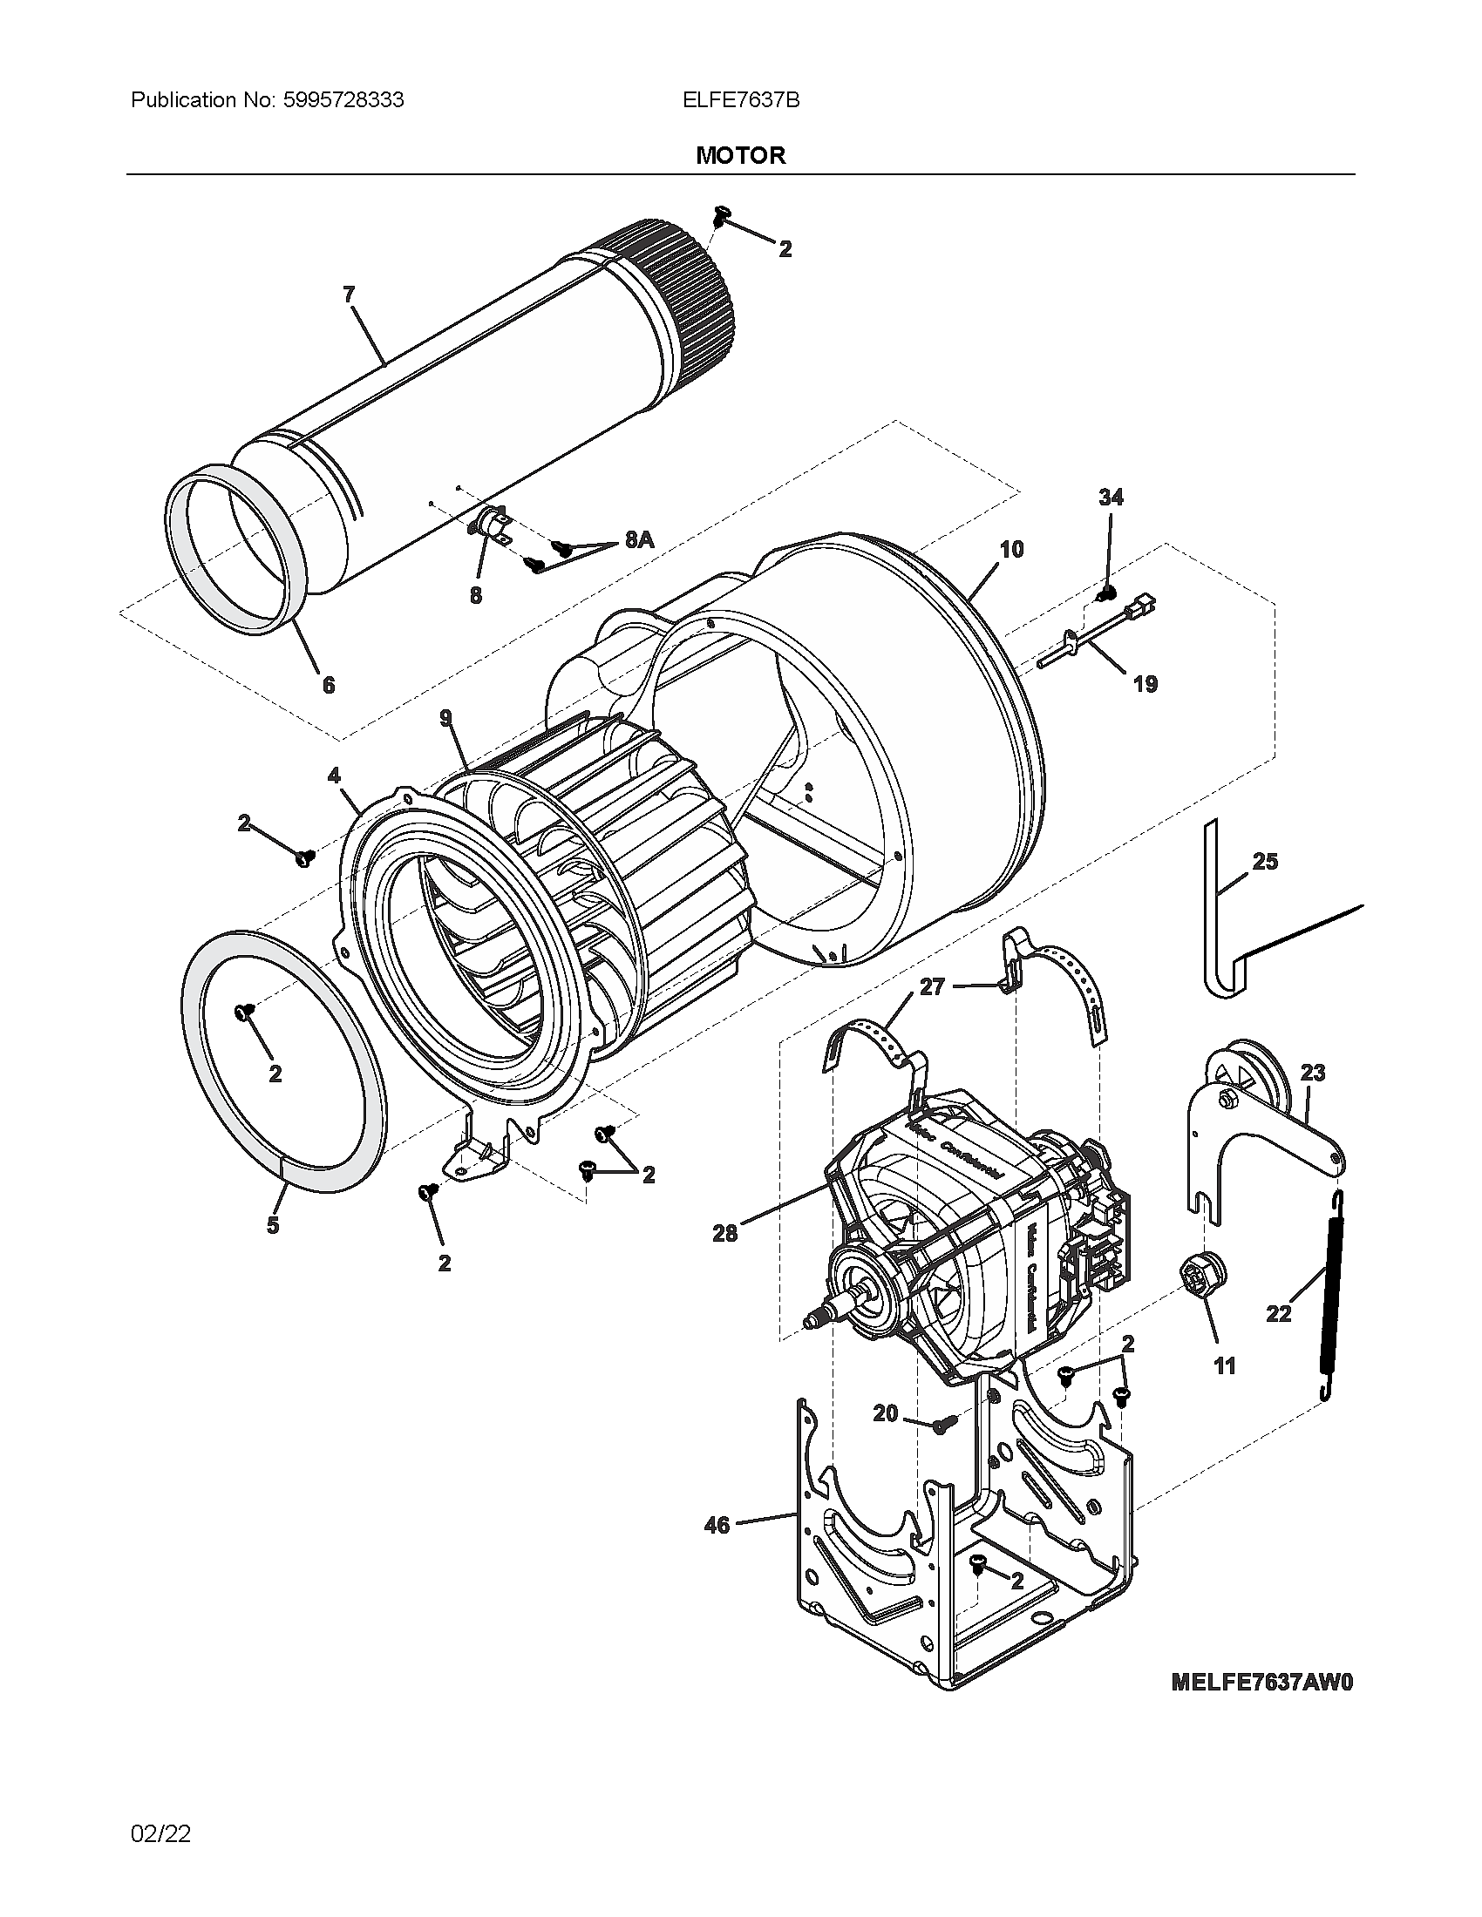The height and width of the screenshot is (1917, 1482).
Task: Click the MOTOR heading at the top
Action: click(740, 156)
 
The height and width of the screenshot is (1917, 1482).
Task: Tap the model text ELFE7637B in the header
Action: click(740, 100)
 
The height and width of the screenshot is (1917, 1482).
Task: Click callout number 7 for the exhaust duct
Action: click(349, 295)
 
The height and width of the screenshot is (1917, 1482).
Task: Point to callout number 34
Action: click(1111, 498)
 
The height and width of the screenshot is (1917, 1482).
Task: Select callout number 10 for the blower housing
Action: click(1011, 550)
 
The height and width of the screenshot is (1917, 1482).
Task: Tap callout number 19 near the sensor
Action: click(1145, 684)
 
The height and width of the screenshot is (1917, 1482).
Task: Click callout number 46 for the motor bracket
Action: click(717, 1525)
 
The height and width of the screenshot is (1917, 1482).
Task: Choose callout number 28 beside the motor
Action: click(725, 1233)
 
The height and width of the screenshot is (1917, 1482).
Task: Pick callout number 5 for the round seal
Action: click(273, 1225)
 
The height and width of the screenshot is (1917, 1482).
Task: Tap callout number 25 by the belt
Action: click(1264, 861)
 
